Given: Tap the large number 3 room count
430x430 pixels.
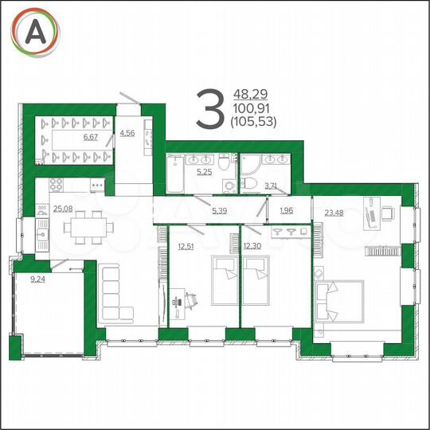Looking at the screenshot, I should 210,110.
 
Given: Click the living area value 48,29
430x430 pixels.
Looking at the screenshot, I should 248,94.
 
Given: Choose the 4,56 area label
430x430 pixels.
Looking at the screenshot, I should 127,132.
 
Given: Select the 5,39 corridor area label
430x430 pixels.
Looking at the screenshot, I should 220,210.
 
